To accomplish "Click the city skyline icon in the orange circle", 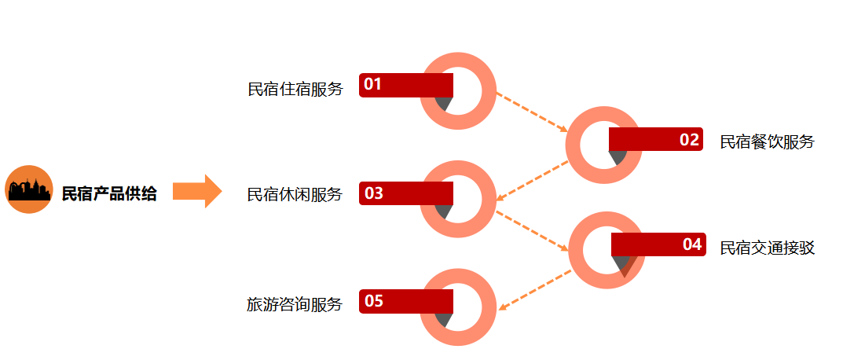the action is pyautogui.click(x=29, y=191).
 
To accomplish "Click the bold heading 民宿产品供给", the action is pyautogui.click(x=109, y=194).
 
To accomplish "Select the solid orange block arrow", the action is pyautogui.click(x=197, y=191).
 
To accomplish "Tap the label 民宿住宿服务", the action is pyautogui.click(x=295, y=89).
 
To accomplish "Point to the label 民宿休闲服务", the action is pyautogui.click(x=295, y=194).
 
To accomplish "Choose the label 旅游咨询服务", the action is pyautogui.click(x=295, y=304).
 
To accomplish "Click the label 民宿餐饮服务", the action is pyautogui.click(x=768, y=141).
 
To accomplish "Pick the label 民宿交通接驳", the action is pyautogui.click(x=768, y=248).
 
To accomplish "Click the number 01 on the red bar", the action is pyautogui.click(x=372, y=84).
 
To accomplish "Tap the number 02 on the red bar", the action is pyautogui.click(x=689, y=140).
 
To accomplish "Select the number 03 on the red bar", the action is pyautogui.click(x=373, y=193).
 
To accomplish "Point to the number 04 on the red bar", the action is pyautogui.click(x=691, y=244).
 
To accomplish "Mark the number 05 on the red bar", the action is pyautogui.click(x=373, y=301).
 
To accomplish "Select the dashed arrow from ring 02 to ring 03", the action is pyautogui.click(x=533, y=179).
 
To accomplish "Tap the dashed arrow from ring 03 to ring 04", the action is pyautogui.click(x=533, y=230).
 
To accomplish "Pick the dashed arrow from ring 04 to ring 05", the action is pyautogui.click(x=534, y=290).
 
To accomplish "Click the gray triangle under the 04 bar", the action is pyautogui.click(x=623, y=265).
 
